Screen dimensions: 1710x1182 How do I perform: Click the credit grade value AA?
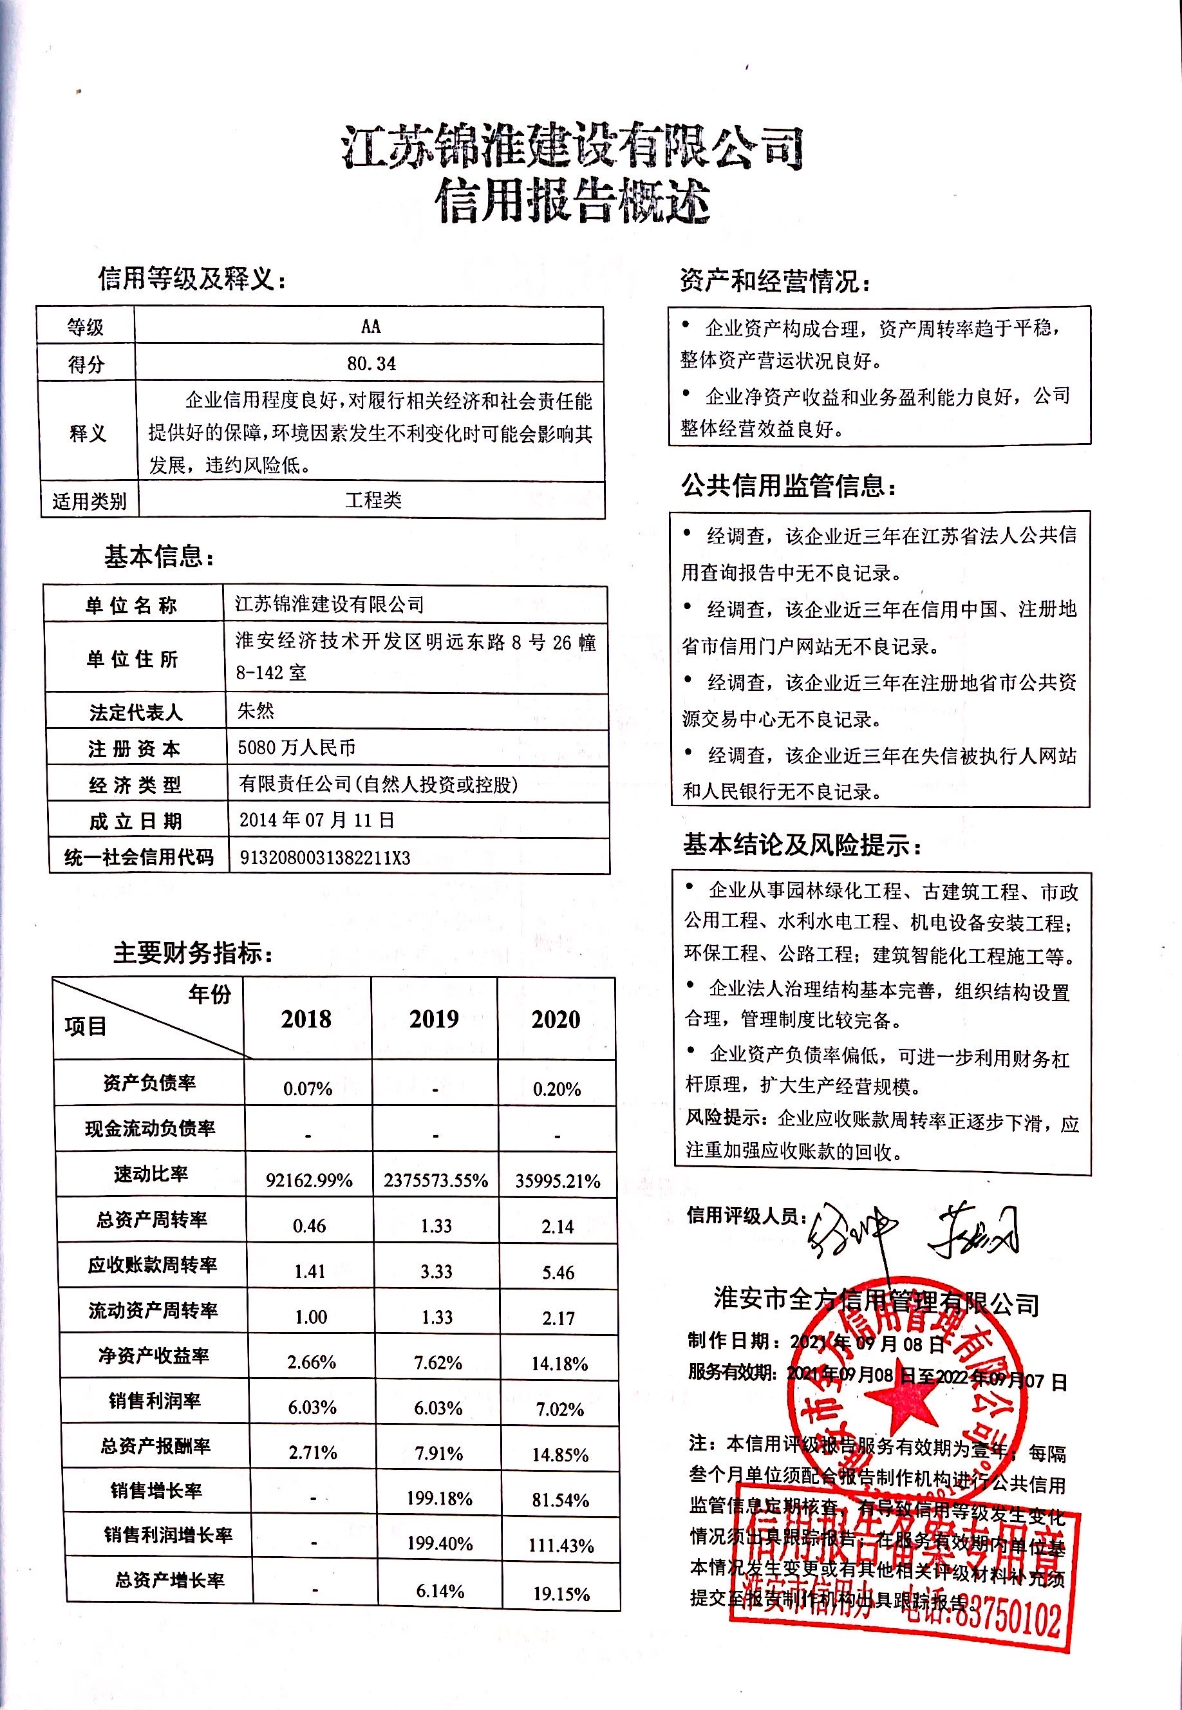[x=370, y=326]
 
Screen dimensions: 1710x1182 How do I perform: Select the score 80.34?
[x=371, y=364]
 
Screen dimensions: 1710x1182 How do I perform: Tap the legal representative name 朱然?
[x=256, y=711]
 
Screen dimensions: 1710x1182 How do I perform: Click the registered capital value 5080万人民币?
[x=296, y=747]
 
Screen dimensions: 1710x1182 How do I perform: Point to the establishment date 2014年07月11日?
[x=316, y=820]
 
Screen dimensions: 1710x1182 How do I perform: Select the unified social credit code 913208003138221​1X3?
[x=324, y=858]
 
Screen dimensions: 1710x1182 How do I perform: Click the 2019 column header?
[x=434, y=1019]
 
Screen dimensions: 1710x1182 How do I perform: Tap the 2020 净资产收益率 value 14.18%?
[x=559, y=1364]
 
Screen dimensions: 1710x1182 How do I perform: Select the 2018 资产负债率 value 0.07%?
[x=307, y=1089]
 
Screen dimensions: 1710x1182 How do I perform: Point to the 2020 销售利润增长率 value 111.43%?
[x=561, y=1546]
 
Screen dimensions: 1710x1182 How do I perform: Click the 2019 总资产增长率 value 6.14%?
[x=440, y=1591]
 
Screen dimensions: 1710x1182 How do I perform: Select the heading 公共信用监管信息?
[x=788, y=487]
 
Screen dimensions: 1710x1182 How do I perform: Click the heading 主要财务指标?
[x=192, y=953]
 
